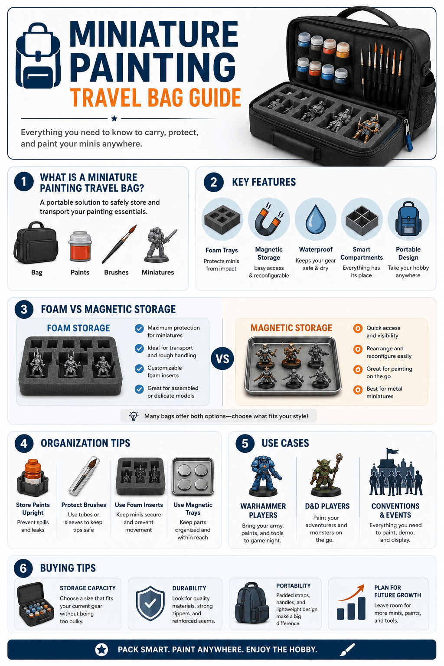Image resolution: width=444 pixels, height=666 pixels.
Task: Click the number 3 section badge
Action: pos(24,309)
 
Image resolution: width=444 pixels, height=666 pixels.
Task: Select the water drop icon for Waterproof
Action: pos(316,219)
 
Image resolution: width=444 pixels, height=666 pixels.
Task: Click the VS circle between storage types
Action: pos(222,359)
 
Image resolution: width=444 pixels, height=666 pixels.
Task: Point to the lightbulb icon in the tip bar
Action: pos(134,416)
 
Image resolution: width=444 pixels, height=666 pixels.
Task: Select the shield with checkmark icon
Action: pos(150,603)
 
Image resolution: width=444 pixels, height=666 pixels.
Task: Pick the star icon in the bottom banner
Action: pos(101,650)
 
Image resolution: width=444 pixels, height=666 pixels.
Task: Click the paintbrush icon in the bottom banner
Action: pos(347,650)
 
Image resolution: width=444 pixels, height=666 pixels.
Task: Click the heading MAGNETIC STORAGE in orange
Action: pos(291,328)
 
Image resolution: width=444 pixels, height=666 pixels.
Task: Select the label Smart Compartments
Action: pos(361,253)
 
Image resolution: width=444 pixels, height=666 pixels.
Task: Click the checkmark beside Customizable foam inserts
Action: pos(139,369)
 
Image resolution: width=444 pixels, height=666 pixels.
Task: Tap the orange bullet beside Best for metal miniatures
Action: pos(358,389)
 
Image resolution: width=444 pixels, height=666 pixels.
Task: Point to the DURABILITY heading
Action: pos(189,588)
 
